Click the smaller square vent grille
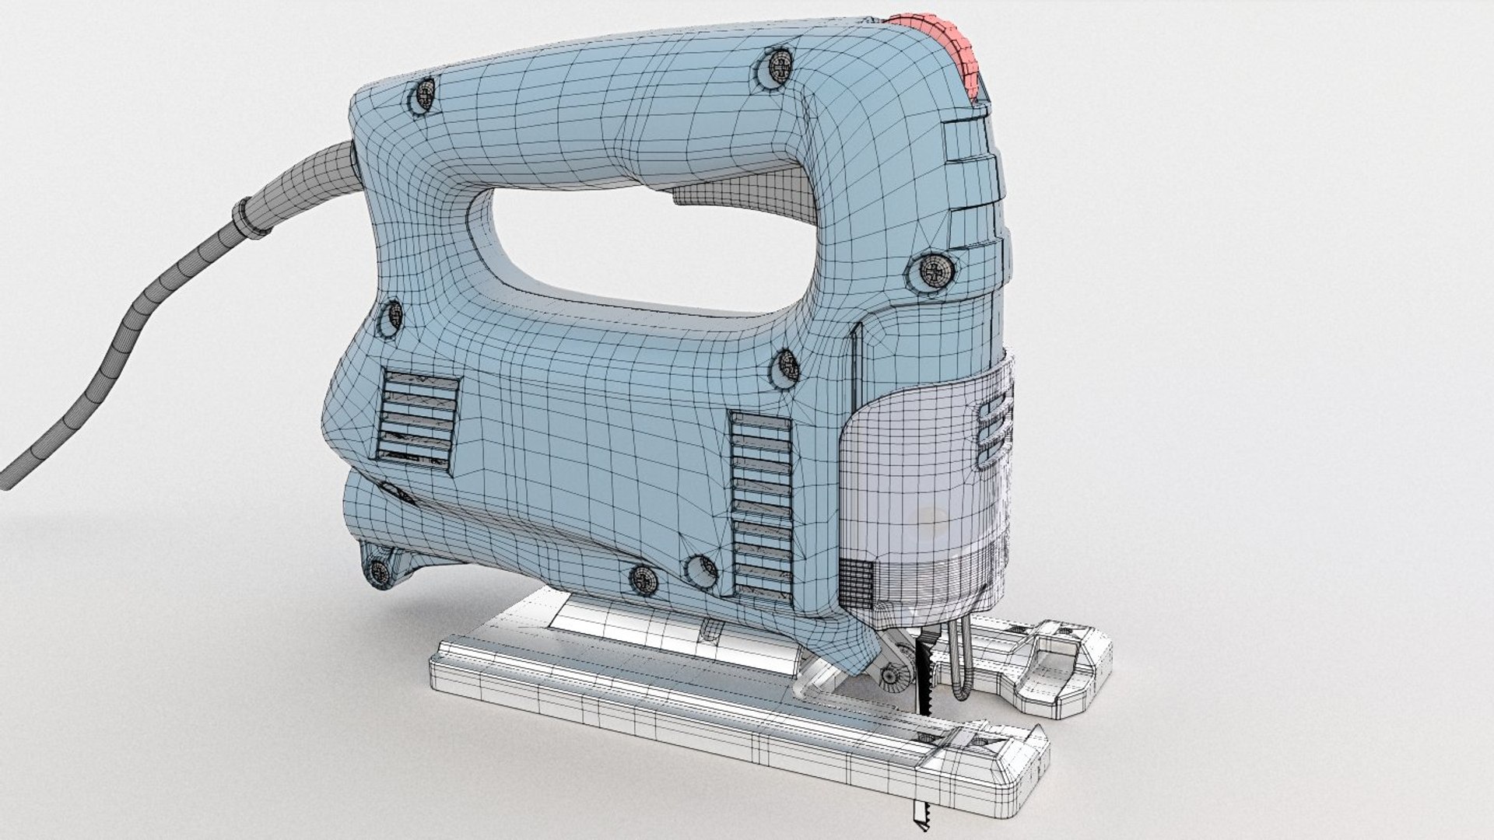point(416,422)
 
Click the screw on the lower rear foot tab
point(380,572)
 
